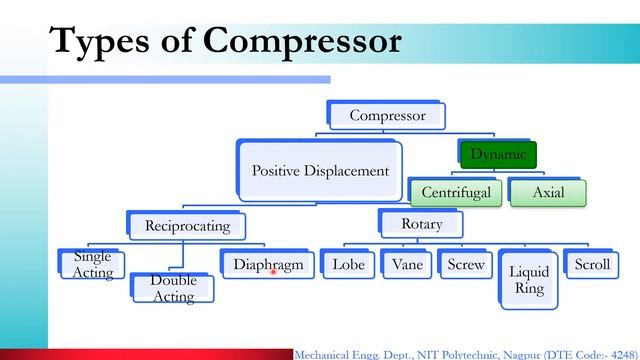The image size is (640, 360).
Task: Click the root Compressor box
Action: tap(387, 116)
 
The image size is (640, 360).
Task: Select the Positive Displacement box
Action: tap(319, 171)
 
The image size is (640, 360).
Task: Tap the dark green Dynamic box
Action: tap(498, 154)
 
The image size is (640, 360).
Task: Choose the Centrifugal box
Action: tap(455, 192)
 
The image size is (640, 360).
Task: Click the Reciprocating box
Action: tap(187, 225)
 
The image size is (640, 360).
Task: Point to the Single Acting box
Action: tap(93, 264)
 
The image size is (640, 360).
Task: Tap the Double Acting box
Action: tap(173, 287)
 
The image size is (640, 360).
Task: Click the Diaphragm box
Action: tap(267, 265)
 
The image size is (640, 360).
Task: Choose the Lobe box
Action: tap(346, 265)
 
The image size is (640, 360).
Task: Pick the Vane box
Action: tap(406, 265)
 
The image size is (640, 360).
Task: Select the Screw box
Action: tap(465, 265)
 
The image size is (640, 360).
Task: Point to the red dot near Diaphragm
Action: tap(273, 271)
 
